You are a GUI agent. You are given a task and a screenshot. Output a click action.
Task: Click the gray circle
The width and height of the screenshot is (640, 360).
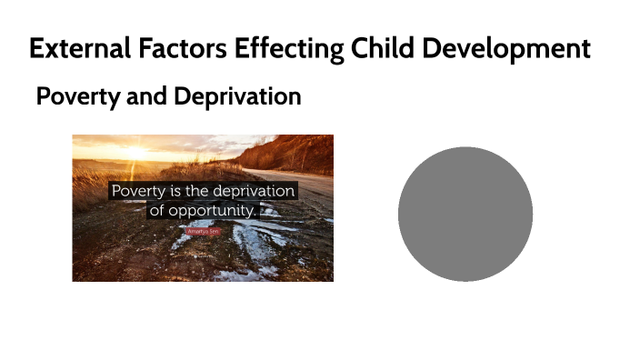(465, 214)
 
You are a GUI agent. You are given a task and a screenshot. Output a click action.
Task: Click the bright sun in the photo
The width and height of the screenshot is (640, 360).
(136, 151)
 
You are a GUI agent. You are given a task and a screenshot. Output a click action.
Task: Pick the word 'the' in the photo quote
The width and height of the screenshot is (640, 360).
(201, 192)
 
